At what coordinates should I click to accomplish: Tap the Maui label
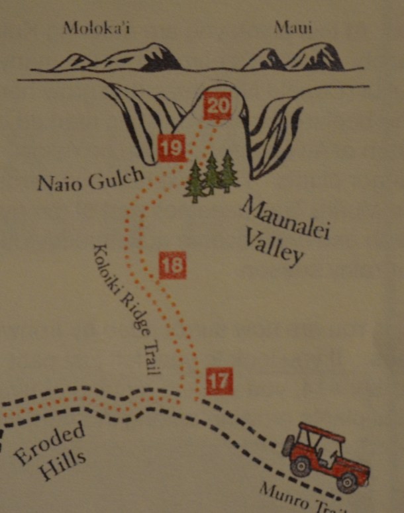tap(293, 28)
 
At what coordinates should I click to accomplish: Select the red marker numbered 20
tap(217, 106)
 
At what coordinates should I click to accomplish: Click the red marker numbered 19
tap(172, 147)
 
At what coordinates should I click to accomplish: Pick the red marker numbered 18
tap(172, 266)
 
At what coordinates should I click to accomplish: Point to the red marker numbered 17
tap(220, 379)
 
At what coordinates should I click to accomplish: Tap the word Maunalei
tap(287, 215)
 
